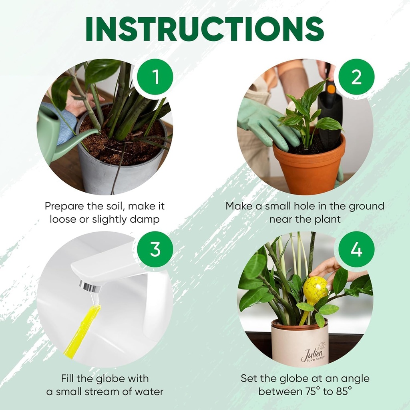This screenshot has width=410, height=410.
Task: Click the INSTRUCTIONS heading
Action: pos(205,29)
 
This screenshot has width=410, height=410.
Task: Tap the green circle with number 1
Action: pos(155,76)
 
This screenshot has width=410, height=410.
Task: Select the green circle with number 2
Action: pos(356,76)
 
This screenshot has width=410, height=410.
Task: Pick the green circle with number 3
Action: pos(155,249)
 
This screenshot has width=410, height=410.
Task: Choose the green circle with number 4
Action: pos(356,249)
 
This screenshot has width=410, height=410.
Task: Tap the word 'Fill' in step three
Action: pos(69,378)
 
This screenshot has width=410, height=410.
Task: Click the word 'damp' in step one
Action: pos(146,219)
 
